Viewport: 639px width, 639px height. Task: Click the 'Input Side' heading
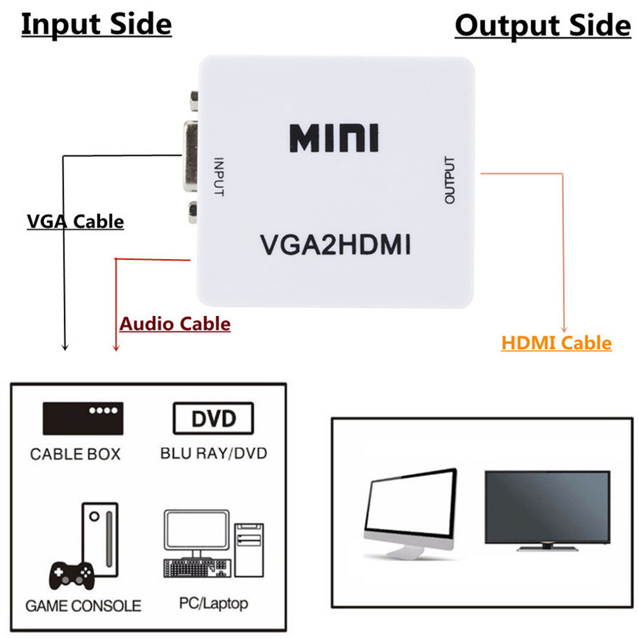pos(96,25)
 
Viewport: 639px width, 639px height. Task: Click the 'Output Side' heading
pos(543,26)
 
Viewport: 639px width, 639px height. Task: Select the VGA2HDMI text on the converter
pos(335,246)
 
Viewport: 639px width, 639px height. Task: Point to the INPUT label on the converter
pos(218,177)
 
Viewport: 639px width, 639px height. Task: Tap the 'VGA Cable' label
pos(75,222)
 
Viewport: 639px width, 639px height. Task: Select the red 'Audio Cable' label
pos(174,323)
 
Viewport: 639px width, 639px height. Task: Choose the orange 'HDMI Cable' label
pos(556,342)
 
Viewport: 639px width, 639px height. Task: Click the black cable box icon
pos(83,418)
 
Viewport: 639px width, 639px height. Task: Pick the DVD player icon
pos(213,419)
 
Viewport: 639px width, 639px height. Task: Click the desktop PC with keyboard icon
pos(213,541)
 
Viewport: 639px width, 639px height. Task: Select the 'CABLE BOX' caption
pos(75,454)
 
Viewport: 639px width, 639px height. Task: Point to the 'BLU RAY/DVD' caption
pos(213,453)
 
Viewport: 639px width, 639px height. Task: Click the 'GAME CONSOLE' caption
pos(83,606)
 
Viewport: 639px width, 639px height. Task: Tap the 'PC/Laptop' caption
pos(213,603)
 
